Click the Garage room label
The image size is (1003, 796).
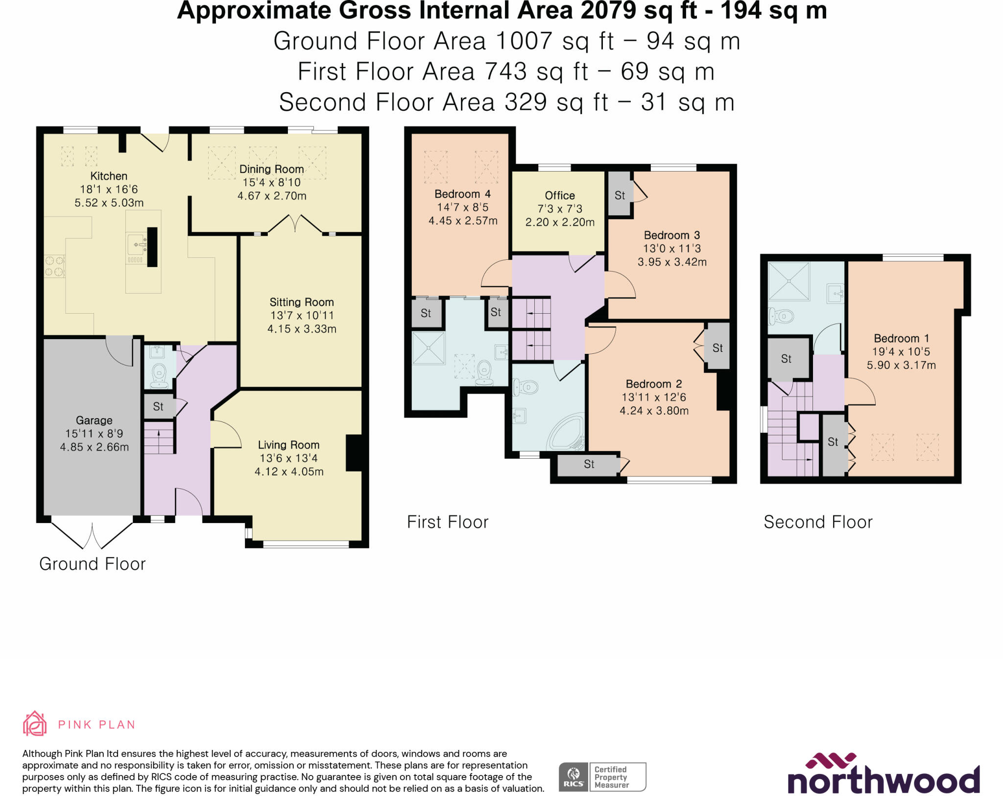tap(94, 420)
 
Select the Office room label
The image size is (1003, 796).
tap(560, 195)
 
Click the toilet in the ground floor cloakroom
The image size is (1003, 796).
tap(159, 375)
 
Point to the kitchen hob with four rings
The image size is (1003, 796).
tap(54, 266)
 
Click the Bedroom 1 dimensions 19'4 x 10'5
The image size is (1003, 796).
tap(901, 351)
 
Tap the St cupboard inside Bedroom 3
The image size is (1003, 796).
tap(620, 195)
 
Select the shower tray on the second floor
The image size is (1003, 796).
tap(788, 281)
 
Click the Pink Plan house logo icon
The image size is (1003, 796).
tap(35, 723)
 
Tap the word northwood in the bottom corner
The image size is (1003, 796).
tap(883, 779)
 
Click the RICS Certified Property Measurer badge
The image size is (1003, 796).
tap(602, 777)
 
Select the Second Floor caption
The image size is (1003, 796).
tap(818, 522)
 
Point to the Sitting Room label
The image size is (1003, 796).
tap(302, 302)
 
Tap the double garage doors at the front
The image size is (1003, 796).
tap(92, 534)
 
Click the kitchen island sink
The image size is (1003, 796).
tap(136, 244)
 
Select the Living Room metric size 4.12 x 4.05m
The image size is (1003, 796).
tap(289, 472)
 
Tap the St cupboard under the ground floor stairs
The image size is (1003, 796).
tap(158, 406)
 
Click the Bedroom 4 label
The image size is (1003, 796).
tap(462, 194)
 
